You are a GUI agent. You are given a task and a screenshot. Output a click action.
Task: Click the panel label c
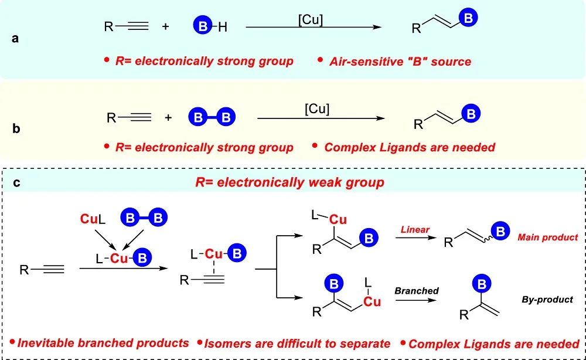(16, 182)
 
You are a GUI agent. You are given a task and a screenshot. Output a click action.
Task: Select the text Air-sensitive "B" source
(400, 61)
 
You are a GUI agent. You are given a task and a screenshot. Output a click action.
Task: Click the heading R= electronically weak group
(289, 182)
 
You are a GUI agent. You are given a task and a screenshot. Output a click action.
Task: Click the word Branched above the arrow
(416, 290)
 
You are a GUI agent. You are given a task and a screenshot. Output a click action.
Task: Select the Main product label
(547, 237)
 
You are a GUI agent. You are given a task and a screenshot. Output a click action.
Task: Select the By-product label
(547, 300)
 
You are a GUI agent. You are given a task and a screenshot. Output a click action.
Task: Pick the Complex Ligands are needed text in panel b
(409, 147)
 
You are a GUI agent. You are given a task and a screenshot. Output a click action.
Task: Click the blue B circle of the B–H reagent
(200, 26)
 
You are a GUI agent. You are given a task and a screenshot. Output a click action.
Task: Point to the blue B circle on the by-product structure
(482, 286)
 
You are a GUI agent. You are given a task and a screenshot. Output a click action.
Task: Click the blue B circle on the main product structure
(500, 232)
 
